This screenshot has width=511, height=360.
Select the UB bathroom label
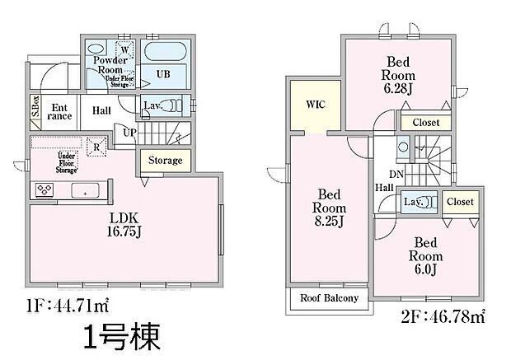162,74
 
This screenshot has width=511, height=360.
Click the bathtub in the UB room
166,52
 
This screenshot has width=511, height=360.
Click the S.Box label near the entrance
36,107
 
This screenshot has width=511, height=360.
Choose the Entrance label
60,111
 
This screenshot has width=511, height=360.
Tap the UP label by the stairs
129,132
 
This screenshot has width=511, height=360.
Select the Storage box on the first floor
165,160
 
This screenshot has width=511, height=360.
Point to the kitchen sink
84,190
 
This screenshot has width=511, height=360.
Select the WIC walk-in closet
316,105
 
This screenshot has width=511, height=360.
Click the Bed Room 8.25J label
329,208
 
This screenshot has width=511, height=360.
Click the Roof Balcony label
328,298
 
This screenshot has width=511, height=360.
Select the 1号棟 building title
120,338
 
